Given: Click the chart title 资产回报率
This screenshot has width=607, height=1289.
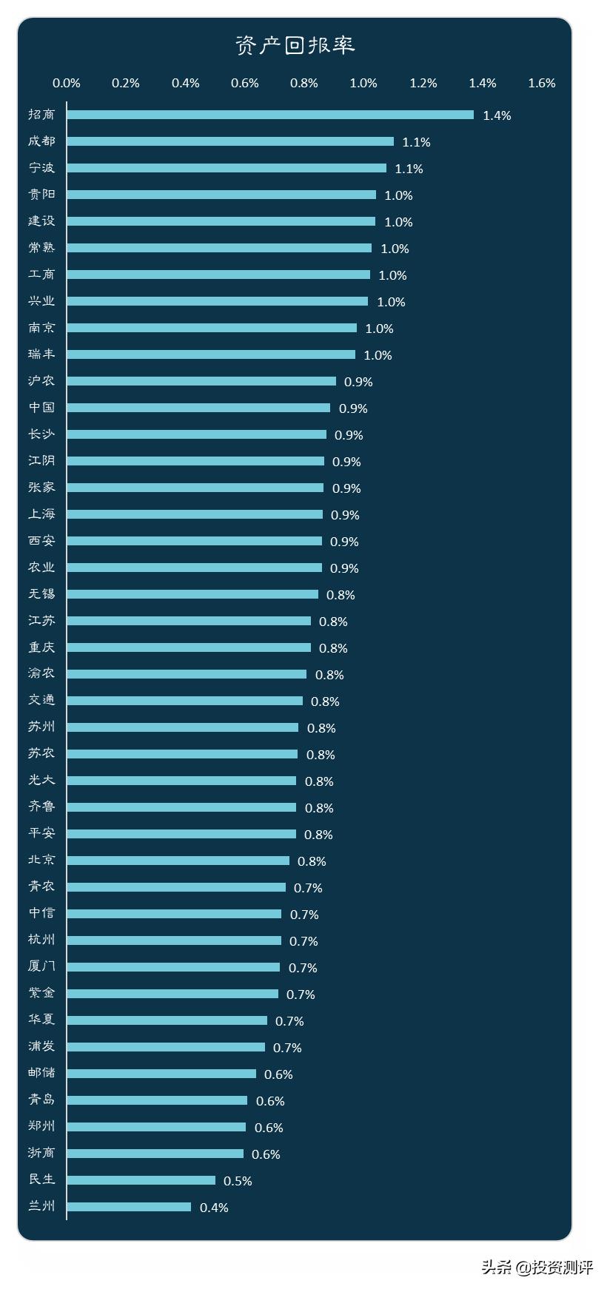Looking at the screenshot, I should [x=295, y=45].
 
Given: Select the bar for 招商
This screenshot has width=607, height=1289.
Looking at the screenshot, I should [x=270, y=115].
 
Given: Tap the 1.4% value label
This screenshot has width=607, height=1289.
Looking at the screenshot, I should [x=497, y=115].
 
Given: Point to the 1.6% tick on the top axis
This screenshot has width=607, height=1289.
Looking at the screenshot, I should [x=541, y=83].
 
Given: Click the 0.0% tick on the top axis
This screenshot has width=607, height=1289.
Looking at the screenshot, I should [x=67, y=83].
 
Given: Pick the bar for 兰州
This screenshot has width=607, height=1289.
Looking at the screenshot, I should [x=129, y=1207].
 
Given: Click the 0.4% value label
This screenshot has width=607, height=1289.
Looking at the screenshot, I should [x=214, y=1208].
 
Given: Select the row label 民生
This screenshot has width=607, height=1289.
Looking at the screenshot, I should [x=41, y=1179].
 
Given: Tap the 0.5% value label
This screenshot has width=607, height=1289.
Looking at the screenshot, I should [x=238, y=1181].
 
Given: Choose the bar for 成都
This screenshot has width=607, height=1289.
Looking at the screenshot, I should [x=230, y=141].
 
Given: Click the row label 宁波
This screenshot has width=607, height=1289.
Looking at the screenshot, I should [x=41, y=168].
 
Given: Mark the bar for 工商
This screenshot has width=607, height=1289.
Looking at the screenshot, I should [x=218, y=275].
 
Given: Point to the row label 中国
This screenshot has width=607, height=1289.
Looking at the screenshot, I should [x=41, y=408].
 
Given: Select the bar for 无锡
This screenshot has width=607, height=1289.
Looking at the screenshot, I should [x=192, y=594].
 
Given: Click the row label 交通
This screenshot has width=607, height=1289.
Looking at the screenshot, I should [x=41, y=700].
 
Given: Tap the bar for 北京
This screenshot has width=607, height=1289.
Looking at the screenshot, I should [x=178, y=861].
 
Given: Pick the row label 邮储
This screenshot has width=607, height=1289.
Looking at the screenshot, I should [x=41, y=1073].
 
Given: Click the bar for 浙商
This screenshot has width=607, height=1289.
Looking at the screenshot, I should [x=155, y=1154].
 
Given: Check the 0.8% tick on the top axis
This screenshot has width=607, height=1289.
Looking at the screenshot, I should [x=303, y=83].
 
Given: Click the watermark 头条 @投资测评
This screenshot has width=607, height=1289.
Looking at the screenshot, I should [x=537, y=1267].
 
